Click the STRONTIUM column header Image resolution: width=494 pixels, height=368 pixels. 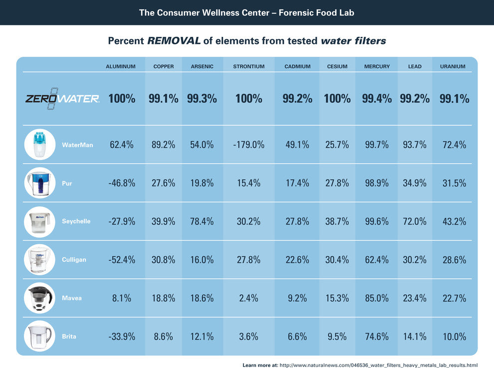[248, 66]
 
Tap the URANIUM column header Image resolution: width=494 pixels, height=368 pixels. [453, 66]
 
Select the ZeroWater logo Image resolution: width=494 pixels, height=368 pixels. [62, 98]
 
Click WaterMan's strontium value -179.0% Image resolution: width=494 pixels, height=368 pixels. [248, 145]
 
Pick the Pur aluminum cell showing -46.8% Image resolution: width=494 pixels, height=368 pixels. [122, 183]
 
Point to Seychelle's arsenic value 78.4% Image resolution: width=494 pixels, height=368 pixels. [202, 221]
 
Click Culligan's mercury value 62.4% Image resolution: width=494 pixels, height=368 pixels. [377, 260]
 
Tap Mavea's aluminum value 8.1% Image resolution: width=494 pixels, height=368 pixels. [122, 298]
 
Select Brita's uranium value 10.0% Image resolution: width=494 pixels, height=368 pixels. [454, 337]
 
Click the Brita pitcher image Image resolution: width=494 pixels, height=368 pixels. [39, 336]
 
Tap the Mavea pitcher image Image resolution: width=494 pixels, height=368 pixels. [39, 298]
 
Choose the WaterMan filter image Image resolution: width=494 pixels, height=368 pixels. [39, 145]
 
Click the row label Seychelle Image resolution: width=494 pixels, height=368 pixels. [76, 221]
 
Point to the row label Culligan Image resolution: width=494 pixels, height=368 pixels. [74, 260]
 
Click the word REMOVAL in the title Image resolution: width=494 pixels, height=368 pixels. [174, 41]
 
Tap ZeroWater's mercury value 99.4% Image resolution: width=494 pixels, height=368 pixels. [377, 99]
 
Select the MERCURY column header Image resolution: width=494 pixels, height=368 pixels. [377, 66]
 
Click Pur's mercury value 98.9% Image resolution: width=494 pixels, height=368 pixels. [377, 183]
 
